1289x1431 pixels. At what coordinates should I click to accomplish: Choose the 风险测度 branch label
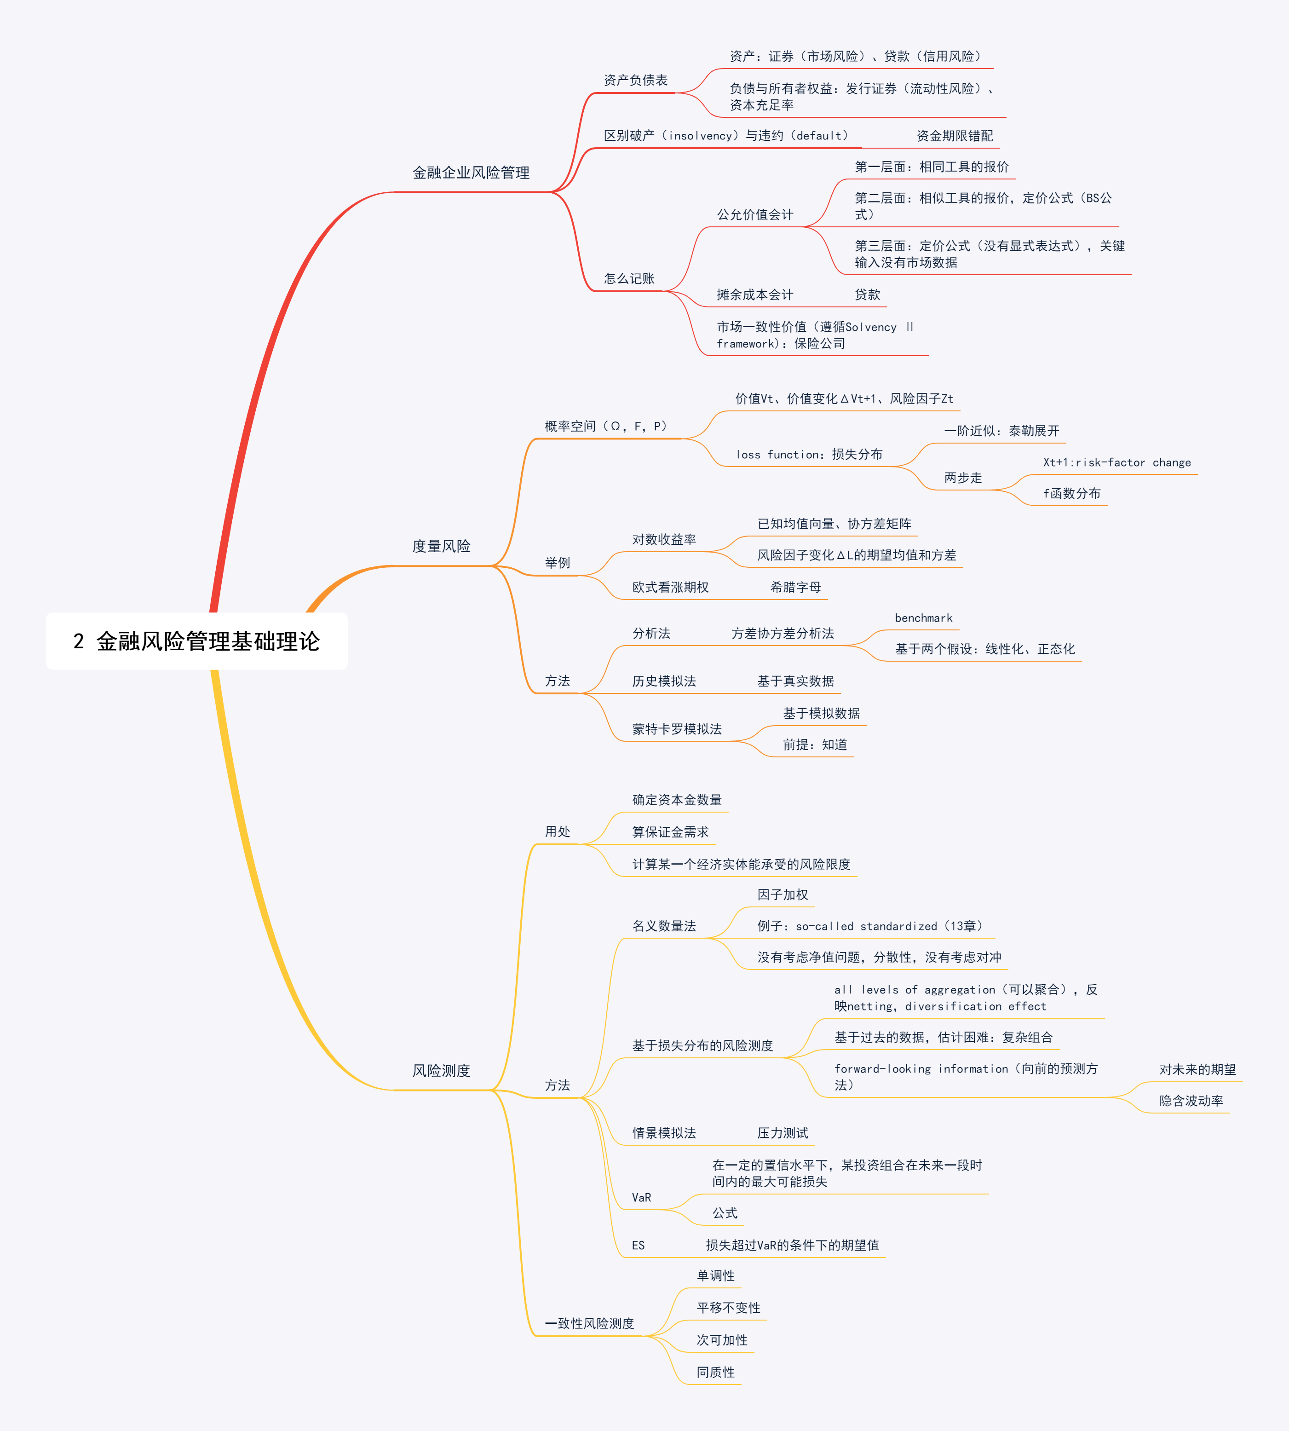pos(441,1070)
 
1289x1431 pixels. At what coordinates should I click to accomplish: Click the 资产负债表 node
pos(635,80)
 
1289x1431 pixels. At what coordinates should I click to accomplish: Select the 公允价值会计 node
pos(754,214)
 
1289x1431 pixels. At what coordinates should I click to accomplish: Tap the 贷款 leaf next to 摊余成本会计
pos(867,294)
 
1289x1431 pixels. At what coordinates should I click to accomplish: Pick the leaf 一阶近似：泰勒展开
pos(1001,431)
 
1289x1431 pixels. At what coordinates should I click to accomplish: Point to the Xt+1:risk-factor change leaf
pos(1117,462)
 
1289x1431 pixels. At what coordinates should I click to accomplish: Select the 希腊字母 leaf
pos(795,587)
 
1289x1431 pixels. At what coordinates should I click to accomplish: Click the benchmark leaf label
pos(924,618)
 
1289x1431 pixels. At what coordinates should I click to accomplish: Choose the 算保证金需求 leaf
pos(670,831)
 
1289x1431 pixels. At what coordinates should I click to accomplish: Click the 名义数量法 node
pos(664,926)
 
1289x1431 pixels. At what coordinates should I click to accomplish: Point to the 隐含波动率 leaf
pos(1191,1101)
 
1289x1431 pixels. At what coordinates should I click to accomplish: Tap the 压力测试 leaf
pos(783,1133)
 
